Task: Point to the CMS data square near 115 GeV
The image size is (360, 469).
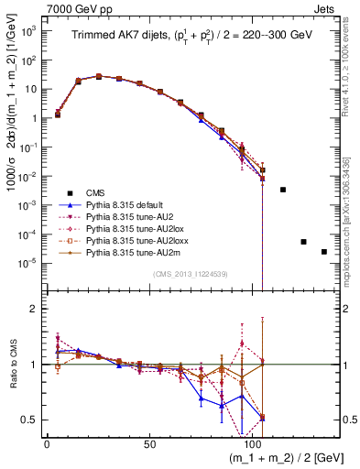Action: coord(283,190)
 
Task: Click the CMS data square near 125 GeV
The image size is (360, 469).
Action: coord(303,242)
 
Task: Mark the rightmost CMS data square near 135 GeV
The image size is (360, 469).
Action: coord(323,252)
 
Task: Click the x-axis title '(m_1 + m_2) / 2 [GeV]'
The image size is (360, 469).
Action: coord(275,458)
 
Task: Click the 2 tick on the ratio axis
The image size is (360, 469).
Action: coord(34,309)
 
